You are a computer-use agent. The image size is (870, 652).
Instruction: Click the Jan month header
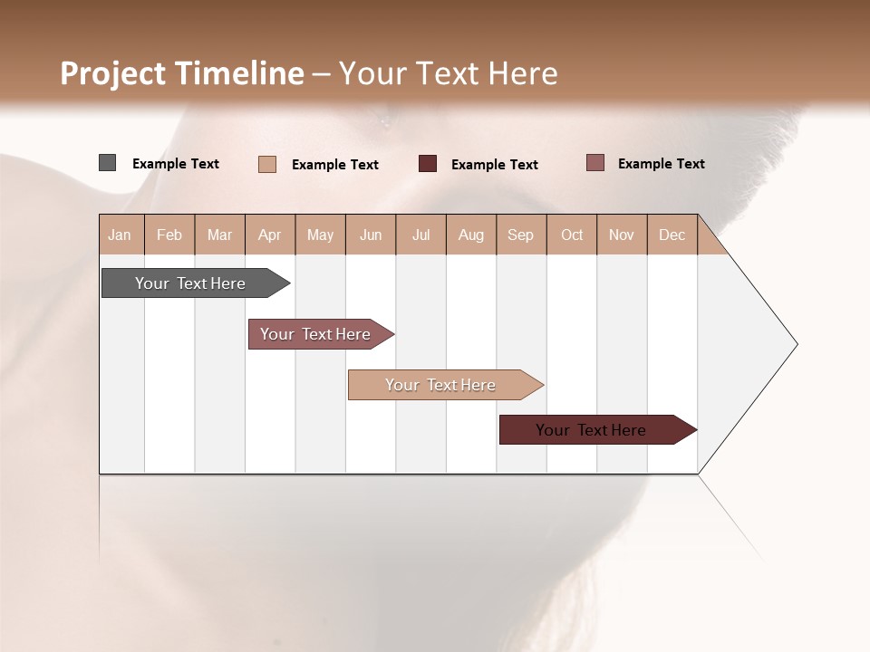[x=120, y=235]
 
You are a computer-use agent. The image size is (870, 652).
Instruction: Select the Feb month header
[x=169, y=235]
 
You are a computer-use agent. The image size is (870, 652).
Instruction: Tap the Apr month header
[x=269, y=235]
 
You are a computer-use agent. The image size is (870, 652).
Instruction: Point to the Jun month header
[x=371, y=235]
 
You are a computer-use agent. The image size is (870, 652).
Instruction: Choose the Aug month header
[x=470, y=235]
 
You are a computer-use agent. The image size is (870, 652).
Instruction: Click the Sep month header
[x=520, y=235]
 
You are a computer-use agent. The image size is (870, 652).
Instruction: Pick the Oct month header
[x=572, y=235]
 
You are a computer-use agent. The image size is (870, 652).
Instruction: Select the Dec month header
[x=672, y=235]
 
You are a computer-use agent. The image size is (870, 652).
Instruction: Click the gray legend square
[x=107, y=163]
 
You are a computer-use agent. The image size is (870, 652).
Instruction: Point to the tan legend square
[x=267, y=164]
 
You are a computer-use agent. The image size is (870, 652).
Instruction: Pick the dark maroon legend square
[x=428, y=164]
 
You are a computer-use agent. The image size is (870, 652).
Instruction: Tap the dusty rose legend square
[x=595, y=163]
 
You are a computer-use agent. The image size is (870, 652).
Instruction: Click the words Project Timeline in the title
[x=181, y=73]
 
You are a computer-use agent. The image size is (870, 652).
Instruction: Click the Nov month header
[x=622, y=235]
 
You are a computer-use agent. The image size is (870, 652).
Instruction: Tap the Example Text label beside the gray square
[x=176, y=164]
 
